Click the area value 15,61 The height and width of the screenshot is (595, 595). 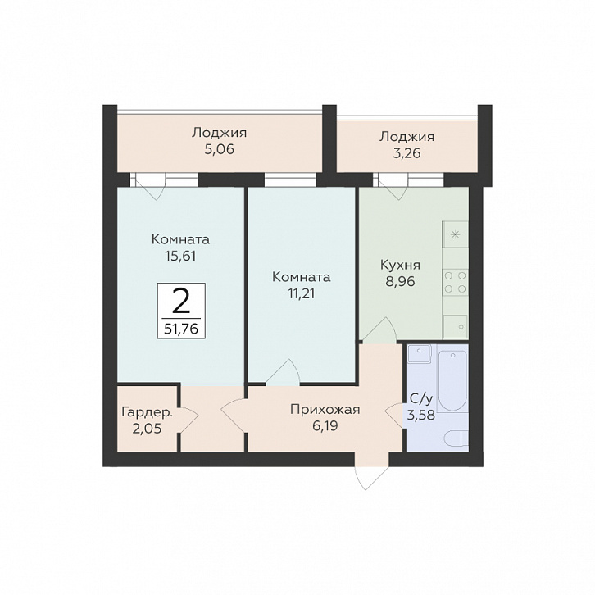tap(180, 257)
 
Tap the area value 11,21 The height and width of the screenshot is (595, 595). tap(301, 293)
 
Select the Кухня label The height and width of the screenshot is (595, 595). tap(400, 265)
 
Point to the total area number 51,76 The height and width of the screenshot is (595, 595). tap(181, 329)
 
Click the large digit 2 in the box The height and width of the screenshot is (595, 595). tap(181, 301)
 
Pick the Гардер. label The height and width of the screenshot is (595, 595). tap(148, 412)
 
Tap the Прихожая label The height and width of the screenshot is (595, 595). tap(325, 410)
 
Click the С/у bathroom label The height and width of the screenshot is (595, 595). tap(421, 398)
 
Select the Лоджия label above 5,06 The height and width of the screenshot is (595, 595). tap(219, 133)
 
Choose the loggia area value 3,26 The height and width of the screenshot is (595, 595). tap(407, 154)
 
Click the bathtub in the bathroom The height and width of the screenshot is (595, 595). tap(452, 380)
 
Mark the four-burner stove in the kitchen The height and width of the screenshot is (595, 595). tap(455, 282)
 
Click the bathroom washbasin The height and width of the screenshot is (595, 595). tap(419, 354)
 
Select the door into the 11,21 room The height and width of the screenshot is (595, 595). tap(283, 372)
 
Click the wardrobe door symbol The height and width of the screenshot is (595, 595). tap(189, 419)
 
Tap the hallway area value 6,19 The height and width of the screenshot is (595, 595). tap(325, 426)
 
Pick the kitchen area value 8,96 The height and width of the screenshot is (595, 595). tap(400, 282)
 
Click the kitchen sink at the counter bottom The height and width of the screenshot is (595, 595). tap(456, 326)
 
